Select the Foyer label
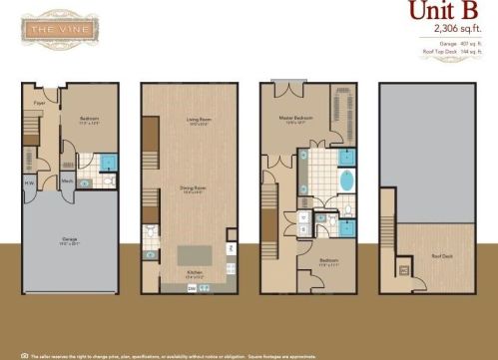(41, 102)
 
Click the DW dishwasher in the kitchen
(192, 286)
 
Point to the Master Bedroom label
(297, 119)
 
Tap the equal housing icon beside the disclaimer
(24, 354)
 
